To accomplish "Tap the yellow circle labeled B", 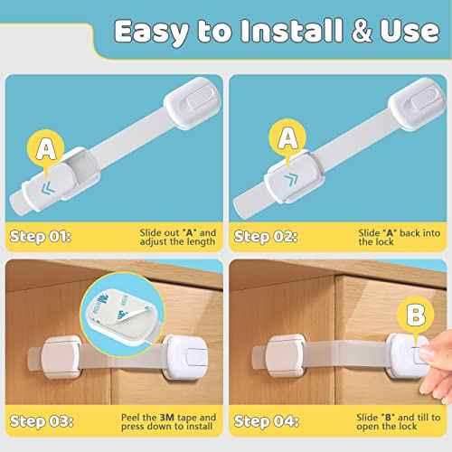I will click(414, 316).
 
